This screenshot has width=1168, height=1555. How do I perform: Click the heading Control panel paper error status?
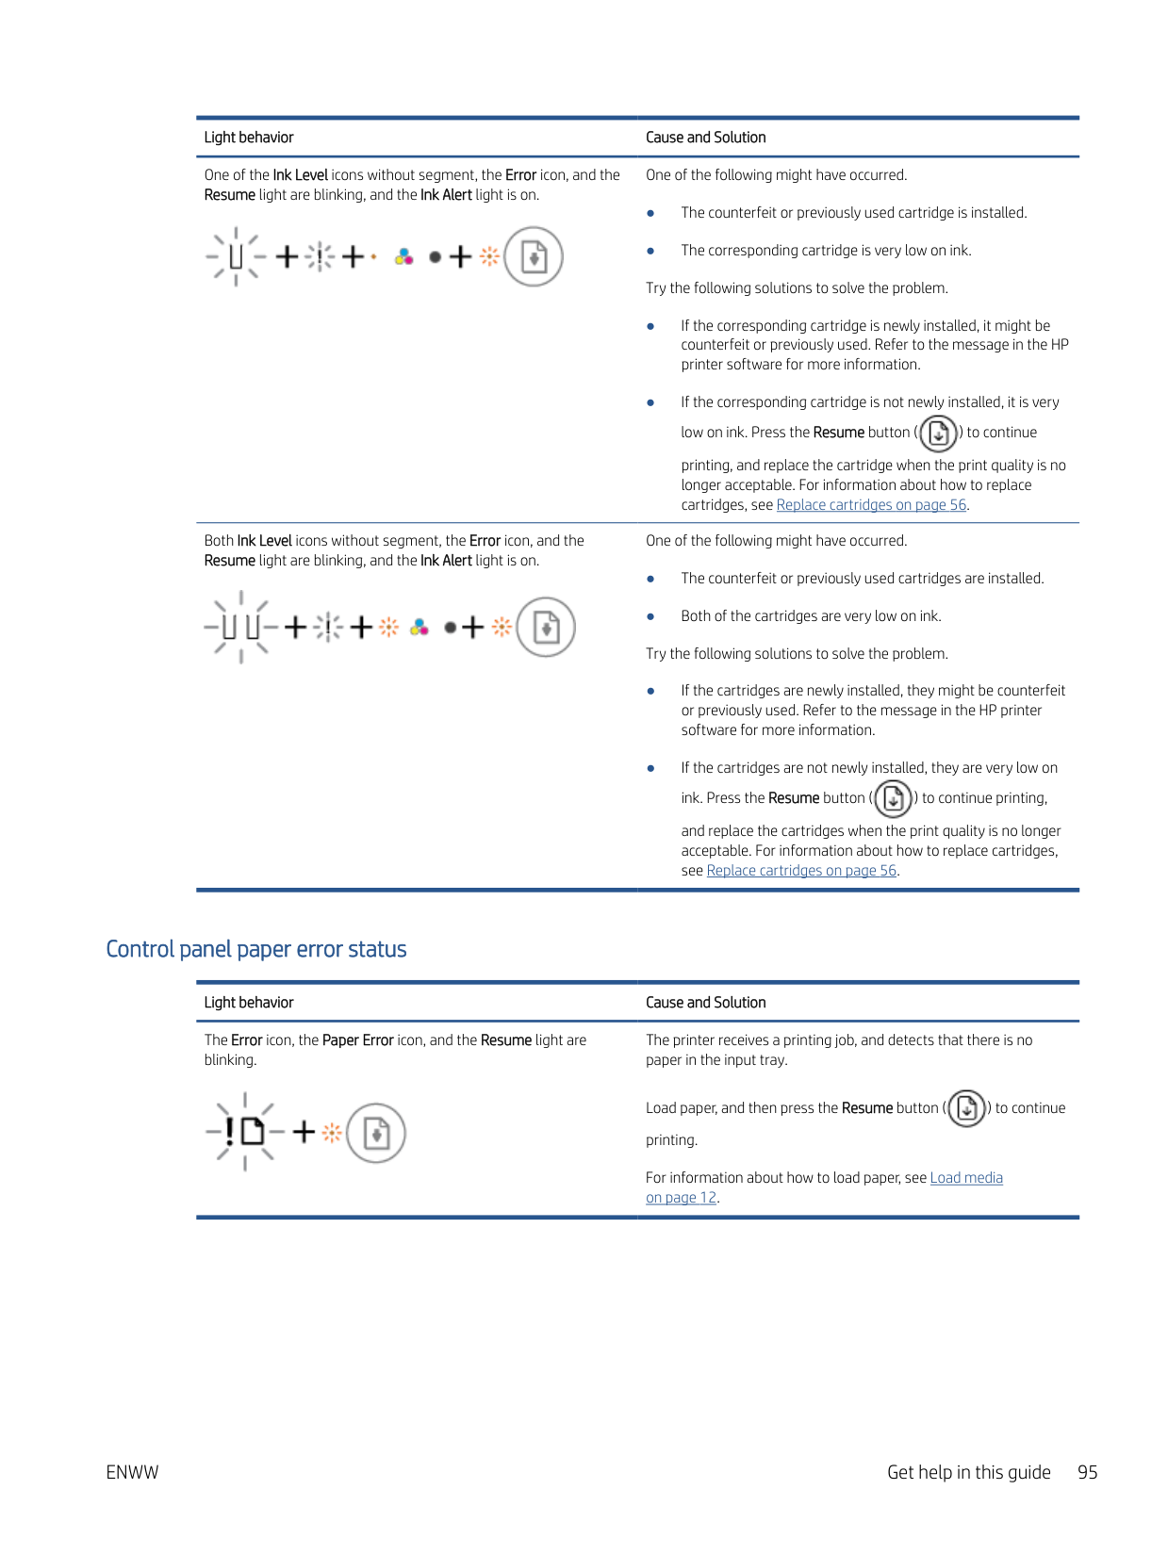(x=255, y=949)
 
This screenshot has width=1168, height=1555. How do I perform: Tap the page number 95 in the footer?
(x=1087, y=1472)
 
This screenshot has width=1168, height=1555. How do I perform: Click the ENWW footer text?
(x=132, y=1472)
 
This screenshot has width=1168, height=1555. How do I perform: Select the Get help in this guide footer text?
(x=968, y=1472)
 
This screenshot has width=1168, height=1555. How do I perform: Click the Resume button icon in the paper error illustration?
(x=376, y=1133)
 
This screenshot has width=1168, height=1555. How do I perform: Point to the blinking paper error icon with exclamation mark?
(x=244, y=1131)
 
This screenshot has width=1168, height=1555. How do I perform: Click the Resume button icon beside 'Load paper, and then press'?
(x=966, y=1108)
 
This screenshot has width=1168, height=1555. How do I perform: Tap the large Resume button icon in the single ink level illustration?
(x=534, y=256)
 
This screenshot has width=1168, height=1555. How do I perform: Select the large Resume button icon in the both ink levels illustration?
(x=547, y=628)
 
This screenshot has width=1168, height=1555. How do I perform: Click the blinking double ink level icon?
(x=239, y=627)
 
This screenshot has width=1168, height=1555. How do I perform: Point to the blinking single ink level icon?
(x=236, y=256)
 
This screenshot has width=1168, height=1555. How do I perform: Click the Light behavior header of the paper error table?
(x=249, y=1003)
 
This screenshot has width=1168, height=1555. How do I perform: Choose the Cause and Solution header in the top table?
(x=705, y=138)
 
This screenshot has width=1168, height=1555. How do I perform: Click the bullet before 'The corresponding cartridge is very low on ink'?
(x=650, y=251)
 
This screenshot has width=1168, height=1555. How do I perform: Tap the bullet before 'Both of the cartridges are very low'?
(x=650, y=616)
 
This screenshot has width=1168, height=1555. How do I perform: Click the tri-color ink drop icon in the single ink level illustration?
(x=404, y=256)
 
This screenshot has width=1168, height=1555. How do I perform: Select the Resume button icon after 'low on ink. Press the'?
(x=938, y=433)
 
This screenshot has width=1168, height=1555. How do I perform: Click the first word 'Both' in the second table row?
(x=219, y=541)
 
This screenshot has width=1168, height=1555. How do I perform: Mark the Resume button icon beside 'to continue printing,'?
(x=893, y=798)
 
